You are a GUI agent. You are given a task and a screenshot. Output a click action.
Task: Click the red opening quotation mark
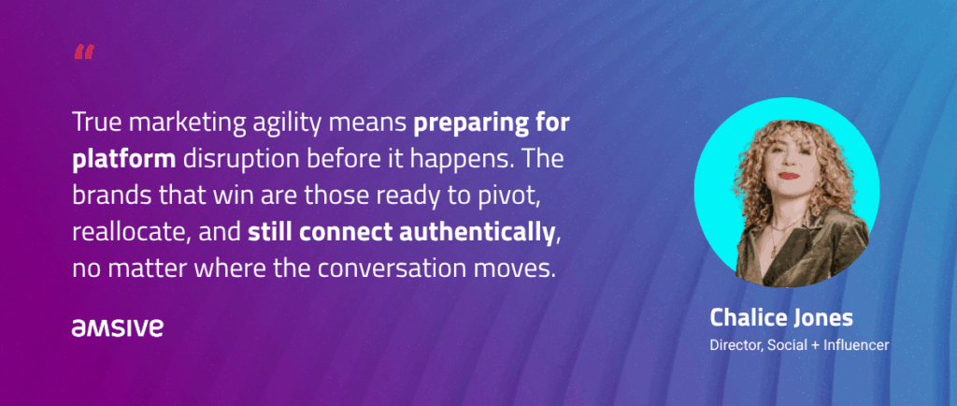(x=84, y=51)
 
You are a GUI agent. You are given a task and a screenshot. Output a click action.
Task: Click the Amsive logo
(x=117, y=327)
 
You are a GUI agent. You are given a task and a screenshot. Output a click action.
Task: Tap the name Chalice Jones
(x=781, y=318)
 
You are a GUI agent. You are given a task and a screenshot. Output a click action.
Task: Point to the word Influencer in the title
(x=856, y=345)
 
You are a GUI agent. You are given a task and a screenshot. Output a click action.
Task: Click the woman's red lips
(x=789, y=176)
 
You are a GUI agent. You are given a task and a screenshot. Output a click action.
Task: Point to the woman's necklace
(x=777, y=235)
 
